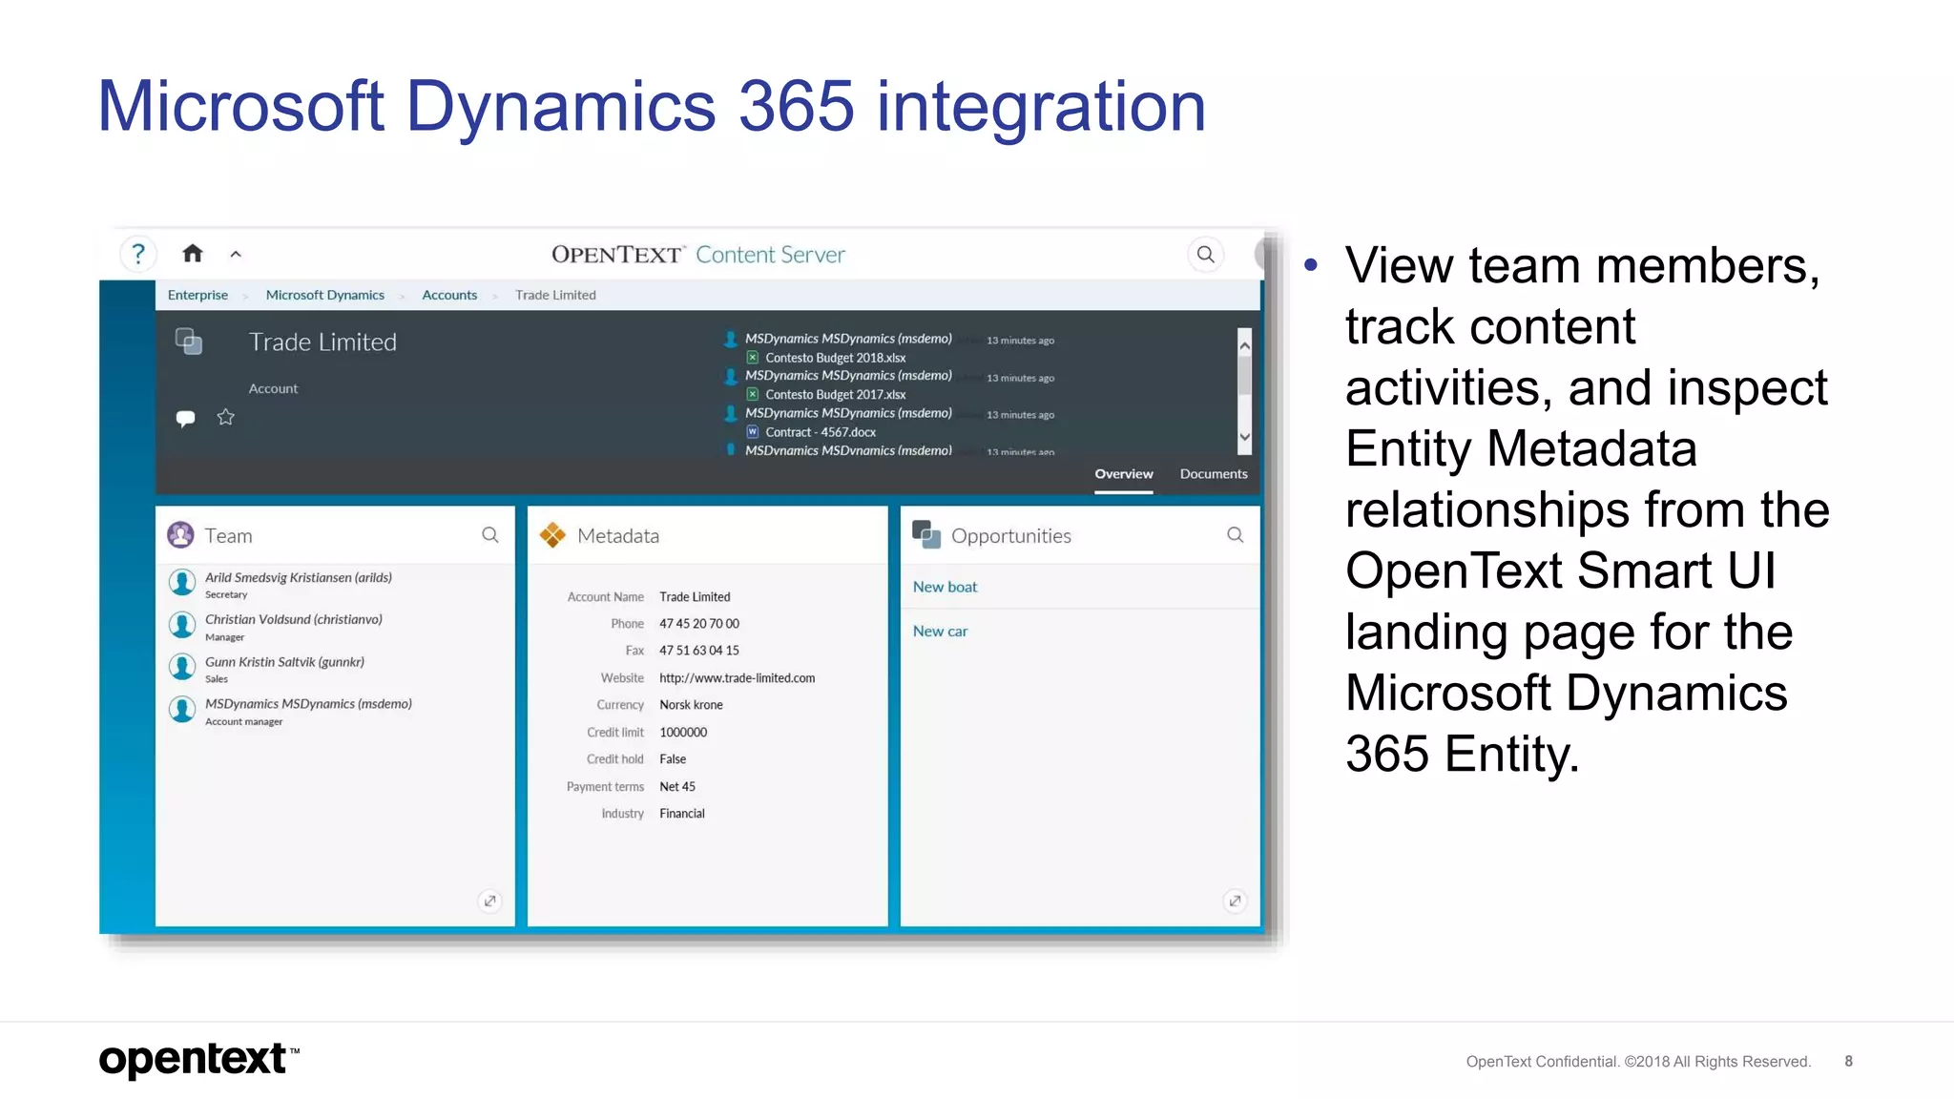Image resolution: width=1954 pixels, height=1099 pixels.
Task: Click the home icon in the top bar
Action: [x=193, y=254]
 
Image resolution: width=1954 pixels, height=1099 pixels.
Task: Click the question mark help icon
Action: [x=138, y=254]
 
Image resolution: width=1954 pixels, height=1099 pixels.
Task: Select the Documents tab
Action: [x=1213, y=474]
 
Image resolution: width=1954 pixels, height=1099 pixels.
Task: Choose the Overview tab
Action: [x=1123, y=474]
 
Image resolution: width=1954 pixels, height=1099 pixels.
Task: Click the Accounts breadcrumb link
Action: [x=449, y=296]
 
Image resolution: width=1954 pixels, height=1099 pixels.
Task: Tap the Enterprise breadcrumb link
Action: [x=197, y=296]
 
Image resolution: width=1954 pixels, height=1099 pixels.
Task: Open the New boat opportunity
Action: [x=945, y=588]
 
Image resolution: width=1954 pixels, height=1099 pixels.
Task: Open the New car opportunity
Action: [x=940, y=632]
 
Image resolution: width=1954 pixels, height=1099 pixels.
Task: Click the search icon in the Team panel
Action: [x=490, y=535]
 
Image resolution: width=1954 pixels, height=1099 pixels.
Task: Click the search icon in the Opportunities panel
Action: [x=1235, y=535]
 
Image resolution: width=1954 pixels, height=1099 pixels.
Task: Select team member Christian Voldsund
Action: [x=293, y=620]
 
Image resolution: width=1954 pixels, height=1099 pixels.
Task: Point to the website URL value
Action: [x=737, y=678]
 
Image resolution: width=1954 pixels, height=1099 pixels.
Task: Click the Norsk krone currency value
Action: [x=691, y=705]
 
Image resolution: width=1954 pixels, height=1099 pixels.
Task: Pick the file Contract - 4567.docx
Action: [x=820, y=432]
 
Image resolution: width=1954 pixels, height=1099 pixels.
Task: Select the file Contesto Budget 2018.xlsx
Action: [x=835, y=358]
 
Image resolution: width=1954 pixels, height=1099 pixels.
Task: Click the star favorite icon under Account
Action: [x=225, y=417]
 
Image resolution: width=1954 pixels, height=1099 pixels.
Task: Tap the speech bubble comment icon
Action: [x=186, y=418]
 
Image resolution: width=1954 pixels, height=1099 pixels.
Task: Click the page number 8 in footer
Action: [x=1848, y=1061]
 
